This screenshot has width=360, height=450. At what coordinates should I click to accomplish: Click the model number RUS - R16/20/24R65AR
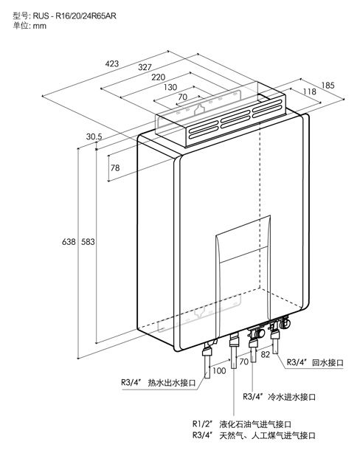75,15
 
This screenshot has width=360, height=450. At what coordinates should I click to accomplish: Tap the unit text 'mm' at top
40,26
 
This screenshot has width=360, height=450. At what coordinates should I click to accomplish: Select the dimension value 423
111,63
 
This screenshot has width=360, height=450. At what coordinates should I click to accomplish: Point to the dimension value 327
145,67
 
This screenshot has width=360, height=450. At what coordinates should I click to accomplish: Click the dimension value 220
159,77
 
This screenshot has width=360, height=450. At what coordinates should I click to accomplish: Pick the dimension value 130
170,87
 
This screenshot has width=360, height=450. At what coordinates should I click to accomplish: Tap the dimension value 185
328,86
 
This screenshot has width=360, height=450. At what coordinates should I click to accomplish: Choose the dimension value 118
310,91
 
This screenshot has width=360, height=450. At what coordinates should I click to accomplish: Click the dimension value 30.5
94,136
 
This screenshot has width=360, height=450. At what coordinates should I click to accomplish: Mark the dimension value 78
115,167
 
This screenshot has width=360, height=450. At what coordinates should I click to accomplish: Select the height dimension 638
69,242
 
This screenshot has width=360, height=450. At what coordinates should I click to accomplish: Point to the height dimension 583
88,242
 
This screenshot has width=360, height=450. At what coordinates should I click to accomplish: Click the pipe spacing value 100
219,370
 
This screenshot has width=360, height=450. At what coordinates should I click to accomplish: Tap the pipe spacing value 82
266,354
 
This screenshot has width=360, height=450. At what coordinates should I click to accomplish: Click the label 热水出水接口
172,383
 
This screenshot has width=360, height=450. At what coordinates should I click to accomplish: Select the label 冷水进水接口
291,397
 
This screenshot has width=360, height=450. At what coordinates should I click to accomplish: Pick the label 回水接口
328,363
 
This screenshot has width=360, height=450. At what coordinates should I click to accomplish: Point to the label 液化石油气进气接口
255,424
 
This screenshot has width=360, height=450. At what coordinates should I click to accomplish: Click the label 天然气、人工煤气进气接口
268,435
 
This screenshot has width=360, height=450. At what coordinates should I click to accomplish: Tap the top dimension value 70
183,97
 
